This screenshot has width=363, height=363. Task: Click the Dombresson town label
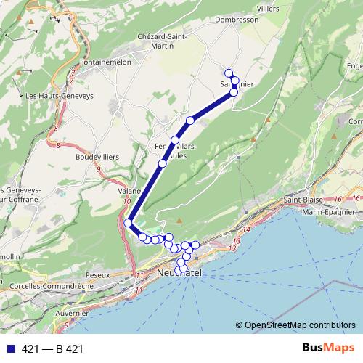pyautogui.click(x=237, y=20)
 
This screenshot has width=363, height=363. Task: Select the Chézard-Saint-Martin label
pyautogui.click(x=163, y=41)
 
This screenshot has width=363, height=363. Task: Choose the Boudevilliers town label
pyautogui.click(x=97, y=156)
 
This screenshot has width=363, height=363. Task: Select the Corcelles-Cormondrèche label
pyautogui.click(x=49, y=287)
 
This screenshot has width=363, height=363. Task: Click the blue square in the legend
pyautogui.click(x=8, y=349)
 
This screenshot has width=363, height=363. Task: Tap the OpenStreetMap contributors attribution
pyautogui.click(x=300, y=326)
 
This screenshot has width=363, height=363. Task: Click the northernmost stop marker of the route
pyautogui.click(x=229, y=73)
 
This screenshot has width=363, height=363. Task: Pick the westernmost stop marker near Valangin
pyautogui.click(x=128, y=223)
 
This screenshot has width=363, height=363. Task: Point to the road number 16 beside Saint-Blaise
pyautogui.click(x=339, y=198)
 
